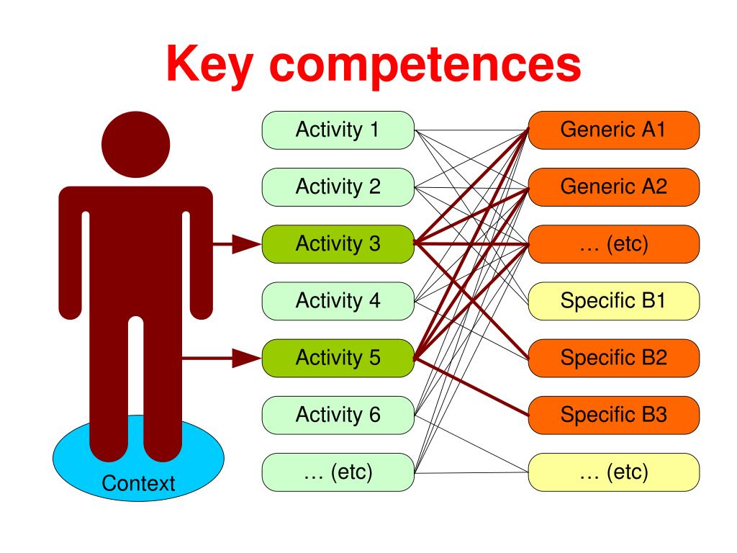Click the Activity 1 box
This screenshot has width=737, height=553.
pos(338,130)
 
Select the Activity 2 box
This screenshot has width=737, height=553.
pos(338,187)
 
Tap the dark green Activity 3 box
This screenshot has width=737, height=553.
pos(338,244)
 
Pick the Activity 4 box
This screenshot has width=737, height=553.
pos(338,300)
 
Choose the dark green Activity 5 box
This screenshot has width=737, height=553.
pos(338,357)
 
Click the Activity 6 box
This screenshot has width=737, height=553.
pos(338,415)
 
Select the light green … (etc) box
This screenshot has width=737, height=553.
pos(338,472)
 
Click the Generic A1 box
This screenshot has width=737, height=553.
pos(613,130)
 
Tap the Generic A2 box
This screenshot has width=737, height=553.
pos(613,187)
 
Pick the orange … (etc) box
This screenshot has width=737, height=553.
pos(613,244)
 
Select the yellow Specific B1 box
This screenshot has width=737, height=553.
pos(613,300)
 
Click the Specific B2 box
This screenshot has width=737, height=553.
pos(613,357)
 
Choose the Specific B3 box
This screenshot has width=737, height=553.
pos(613,415)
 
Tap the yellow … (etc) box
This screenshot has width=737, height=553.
pos(613,472)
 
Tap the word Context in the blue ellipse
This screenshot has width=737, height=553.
pos(138,483)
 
